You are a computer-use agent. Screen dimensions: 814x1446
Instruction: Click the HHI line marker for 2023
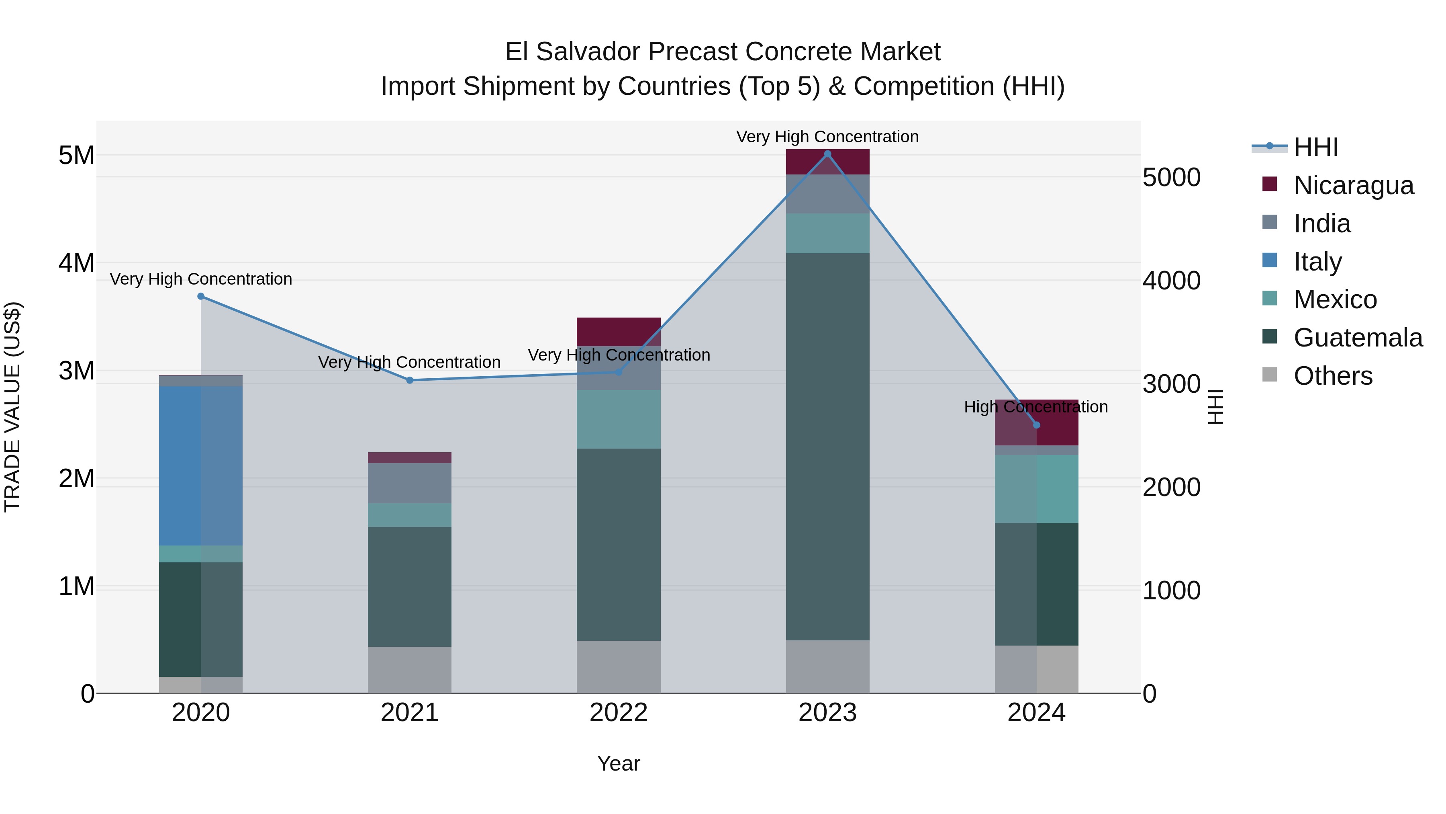827,154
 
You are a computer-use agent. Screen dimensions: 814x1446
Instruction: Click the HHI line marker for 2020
201,296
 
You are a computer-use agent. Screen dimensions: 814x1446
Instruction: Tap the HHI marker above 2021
410,380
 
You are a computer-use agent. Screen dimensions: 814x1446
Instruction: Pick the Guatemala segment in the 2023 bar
827,447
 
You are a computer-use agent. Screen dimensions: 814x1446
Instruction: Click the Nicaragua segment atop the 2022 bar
619,332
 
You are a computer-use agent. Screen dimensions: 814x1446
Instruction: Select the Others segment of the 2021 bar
410,670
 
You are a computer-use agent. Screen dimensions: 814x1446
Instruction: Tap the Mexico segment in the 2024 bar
1036,489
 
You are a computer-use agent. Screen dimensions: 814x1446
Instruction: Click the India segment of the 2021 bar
410,483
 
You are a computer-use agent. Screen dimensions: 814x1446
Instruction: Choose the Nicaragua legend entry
1353,185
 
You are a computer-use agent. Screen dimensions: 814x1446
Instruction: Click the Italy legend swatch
1269,260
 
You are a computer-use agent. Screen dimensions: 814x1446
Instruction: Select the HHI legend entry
1315,147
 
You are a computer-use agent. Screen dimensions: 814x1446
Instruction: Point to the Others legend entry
1333,376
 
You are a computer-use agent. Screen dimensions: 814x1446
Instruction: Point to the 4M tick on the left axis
76,263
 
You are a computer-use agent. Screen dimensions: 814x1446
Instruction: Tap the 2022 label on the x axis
619,713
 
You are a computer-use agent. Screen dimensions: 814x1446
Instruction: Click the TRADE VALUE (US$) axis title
12,407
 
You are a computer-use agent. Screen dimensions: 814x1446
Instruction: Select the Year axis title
619,763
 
